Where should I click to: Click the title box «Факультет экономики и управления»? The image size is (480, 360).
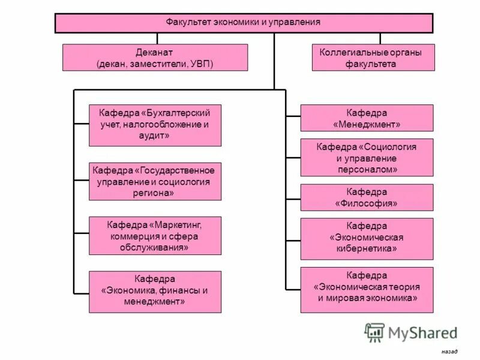(x=244, y=23)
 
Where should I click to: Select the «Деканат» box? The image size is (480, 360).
(x=155, y=58)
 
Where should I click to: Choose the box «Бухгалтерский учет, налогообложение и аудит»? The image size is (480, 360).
(x=155, y=125)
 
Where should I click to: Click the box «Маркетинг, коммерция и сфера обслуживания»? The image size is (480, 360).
(x=155, y=236)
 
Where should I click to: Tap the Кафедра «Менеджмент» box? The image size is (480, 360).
(x=367, y=118)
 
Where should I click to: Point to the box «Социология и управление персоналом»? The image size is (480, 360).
(x=367, y=158)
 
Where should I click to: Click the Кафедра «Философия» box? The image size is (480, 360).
(x=367, y=197)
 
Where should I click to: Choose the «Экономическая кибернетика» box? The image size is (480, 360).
(x=367, y=238)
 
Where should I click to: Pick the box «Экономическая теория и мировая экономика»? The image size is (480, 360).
(x=367, y=290)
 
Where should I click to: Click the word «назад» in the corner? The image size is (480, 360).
(x=449, y=351)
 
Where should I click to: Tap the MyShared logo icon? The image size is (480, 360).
(x=374, y=332)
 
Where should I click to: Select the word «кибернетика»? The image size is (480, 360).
(x=367, y=248)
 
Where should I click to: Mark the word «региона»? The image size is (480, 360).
(x=154, y=193)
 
